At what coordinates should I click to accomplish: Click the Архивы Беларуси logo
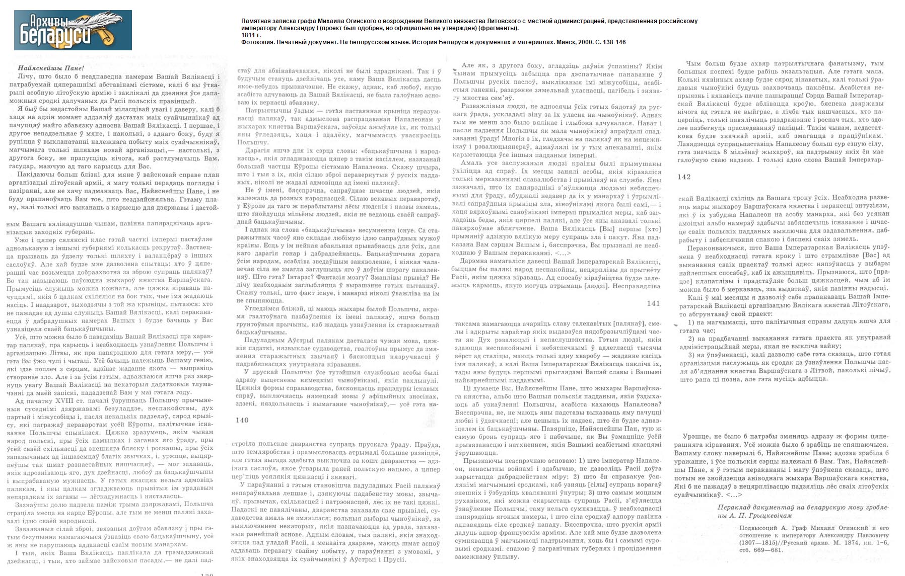coord(73,30)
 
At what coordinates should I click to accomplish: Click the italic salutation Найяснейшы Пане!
coord(50,68)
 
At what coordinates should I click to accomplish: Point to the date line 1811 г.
coord(251,35)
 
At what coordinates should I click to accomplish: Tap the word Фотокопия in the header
coord(257,42)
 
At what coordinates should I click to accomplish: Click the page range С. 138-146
coord(609,42)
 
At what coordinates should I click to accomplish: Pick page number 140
coord(242,420)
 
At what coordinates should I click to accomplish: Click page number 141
coord(653,303)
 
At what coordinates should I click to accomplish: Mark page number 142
coord(684,177)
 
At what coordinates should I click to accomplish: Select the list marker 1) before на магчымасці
coord(691,322)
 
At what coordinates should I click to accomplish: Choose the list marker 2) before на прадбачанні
coord(691,338)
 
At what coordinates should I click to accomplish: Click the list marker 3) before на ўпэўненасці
coord(691,355)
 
